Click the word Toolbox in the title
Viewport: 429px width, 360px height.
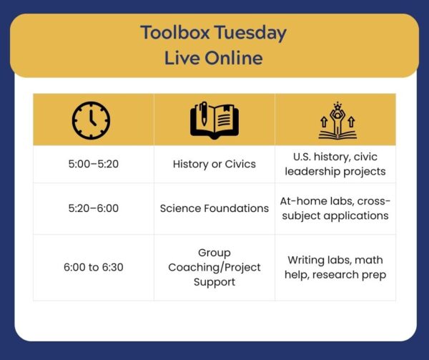tap(175, 32)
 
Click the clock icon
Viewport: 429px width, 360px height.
tap(91, 120)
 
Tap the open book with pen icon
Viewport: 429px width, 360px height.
tap(214, 120)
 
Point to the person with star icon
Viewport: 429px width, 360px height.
tap(337, 120)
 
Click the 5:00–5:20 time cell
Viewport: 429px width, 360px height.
tap(94, 164)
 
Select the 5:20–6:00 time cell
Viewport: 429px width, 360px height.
tap(94, 208)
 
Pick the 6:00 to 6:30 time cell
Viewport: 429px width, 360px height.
tap(94, 267)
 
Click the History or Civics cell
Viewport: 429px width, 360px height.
tap(214, 164)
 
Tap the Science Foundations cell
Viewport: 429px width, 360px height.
tap(214, 208)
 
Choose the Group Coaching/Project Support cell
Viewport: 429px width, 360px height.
tap(214, 267)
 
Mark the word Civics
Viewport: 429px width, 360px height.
tap(240, 164)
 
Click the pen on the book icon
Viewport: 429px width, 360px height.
tap(204, 113)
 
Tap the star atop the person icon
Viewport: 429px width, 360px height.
tap(337, 105)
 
